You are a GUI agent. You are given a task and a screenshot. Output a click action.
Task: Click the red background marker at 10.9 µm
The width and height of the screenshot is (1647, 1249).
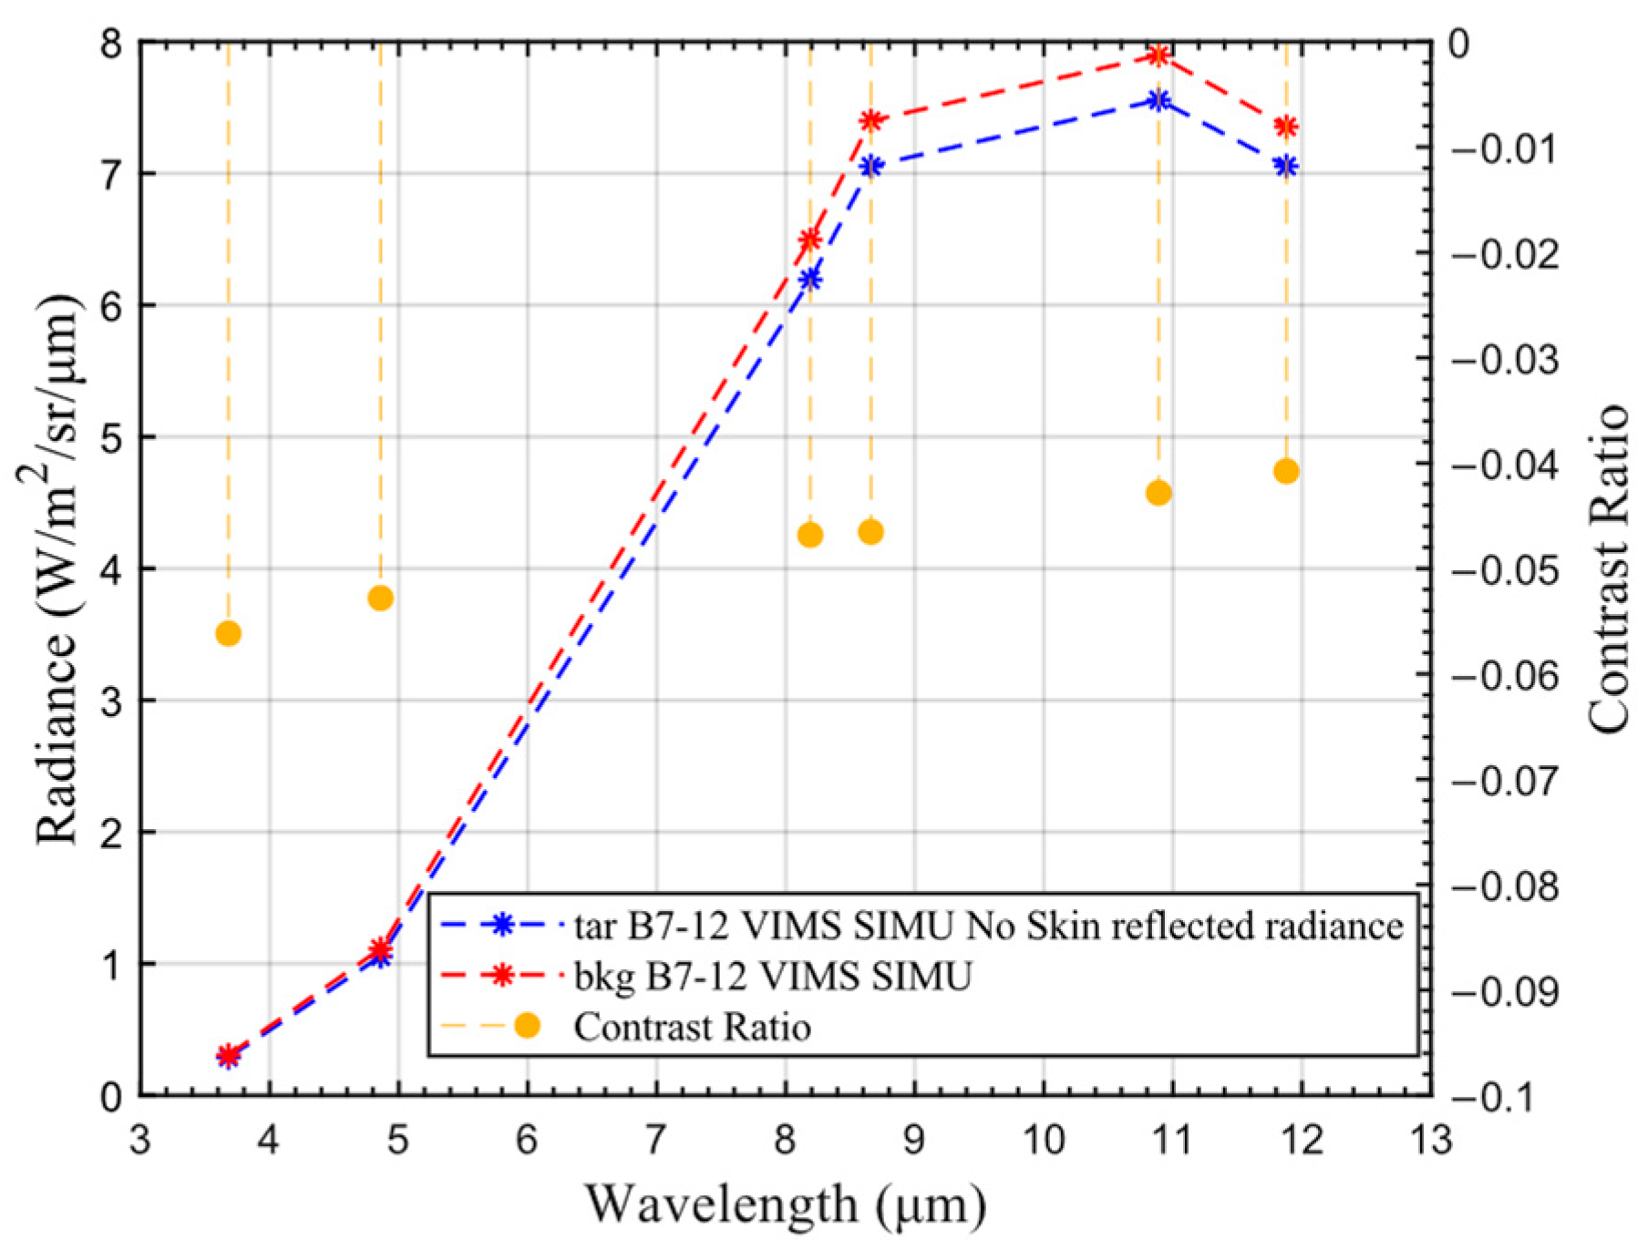[1158, 56]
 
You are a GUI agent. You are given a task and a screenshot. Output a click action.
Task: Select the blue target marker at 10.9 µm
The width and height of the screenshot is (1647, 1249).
[1158, 100]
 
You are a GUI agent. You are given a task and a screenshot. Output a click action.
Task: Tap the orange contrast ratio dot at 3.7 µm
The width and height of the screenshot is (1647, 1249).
[229, 633]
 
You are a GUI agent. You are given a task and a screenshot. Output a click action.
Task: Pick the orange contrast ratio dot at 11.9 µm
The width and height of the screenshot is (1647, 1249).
[1286, 471]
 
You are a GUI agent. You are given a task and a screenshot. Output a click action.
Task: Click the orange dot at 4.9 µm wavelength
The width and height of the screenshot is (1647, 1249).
[381, 598]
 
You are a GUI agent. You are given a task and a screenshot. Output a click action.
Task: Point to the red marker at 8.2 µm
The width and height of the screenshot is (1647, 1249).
[809, 240]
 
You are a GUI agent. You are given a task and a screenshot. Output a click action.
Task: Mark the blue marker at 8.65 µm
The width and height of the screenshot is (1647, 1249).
[870, 166]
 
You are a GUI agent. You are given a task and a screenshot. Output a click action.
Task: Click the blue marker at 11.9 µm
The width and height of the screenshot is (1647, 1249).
[1286, 166]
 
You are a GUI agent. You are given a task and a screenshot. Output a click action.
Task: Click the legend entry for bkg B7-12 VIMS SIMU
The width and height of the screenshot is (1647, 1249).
[773, 977]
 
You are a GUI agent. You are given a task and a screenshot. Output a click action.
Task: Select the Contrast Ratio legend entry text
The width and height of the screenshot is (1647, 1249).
[693, 1027]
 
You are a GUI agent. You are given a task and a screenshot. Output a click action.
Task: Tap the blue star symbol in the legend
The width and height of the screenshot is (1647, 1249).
[499, 925]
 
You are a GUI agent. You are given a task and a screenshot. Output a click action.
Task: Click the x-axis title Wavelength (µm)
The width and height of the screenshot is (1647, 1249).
[785, 1204]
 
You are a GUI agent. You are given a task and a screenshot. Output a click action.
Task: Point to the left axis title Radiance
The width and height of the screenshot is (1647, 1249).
[57, 568]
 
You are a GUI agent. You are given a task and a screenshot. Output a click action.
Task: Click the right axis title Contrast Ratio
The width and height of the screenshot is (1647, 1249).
[1609, 568]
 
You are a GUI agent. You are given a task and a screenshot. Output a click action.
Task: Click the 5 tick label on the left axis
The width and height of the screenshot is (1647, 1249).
[111, 437]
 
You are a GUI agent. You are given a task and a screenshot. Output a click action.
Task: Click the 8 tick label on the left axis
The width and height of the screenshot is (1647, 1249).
[111, 43]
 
